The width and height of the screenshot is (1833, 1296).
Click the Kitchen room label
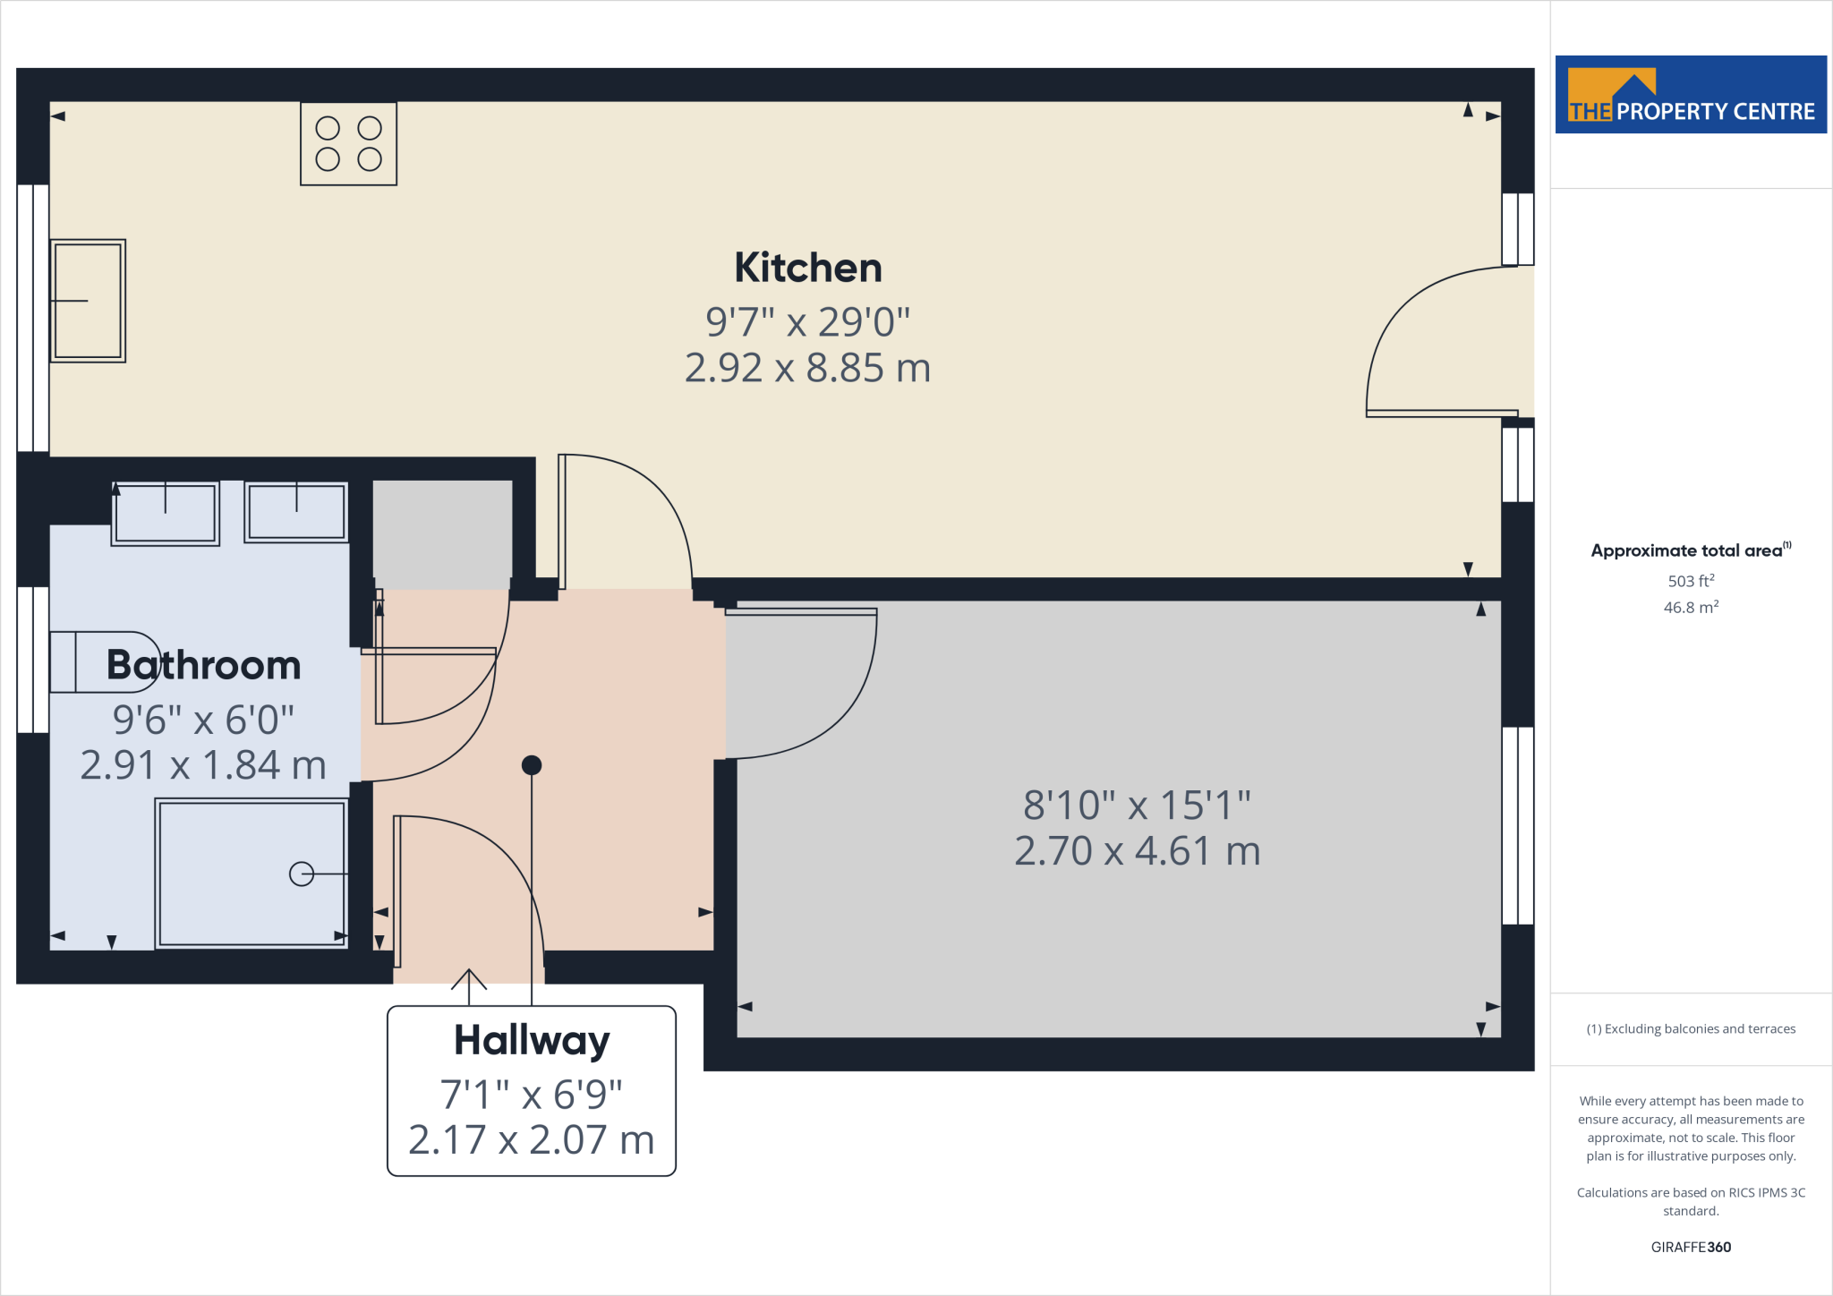click(807, 268)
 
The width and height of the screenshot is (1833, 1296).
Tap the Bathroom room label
click(203, 665)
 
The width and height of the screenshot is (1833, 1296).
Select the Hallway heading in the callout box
click(532, 1040)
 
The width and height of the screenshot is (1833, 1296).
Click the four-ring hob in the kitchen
click(348, 143)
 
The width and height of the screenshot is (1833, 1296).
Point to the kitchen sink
click(88, 301)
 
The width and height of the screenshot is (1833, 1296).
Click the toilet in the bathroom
click(103, 662)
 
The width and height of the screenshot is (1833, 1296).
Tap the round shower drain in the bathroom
click(302, 874)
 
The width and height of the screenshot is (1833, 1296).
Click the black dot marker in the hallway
click(532, 765)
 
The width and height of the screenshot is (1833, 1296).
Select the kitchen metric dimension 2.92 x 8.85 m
click(807, 368)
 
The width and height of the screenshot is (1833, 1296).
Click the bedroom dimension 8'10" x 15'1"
click(1137, 806)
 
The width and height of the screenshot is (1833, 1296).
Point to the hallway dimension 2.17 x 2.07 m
click(532, 1140)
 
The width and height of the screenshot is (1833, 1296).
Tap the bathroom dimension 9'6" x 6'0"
click(203, 720)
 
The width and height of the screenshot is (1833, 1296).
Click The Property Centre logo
click(1691, 95)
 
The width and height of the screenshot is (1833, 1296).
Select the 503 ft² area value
click(1691, 581)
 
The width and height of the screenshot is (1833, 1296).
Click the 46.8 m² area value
click(1691, 608)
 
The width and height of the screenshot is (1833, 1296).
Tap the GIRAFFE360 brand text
click(1691, 1247)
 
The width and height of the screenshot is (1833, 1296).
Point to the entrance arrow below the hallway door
click(469, 981)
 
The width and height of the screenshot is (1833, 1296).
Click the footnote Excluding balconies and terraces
click(1691, 1029)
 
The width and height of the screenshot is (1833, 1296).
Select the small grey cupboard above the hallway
click(442, 534)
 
